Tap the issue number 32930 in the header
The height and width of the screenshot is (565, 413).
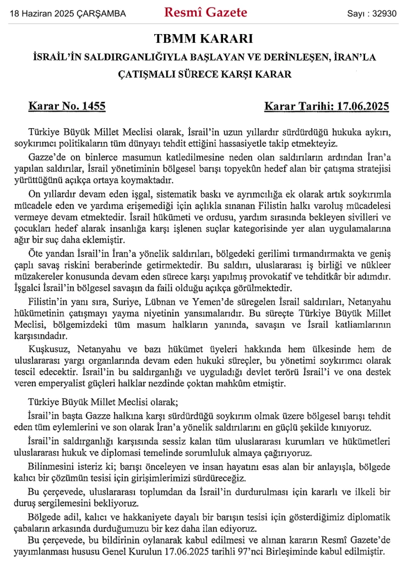pos(384,13)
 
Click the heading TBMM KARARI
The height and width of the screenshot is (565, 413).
pos(206,40)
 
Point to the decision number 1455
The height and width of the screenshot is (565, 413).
pos(92,106)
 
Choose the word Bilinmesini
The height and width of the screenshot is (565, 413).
pos(51,467)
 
